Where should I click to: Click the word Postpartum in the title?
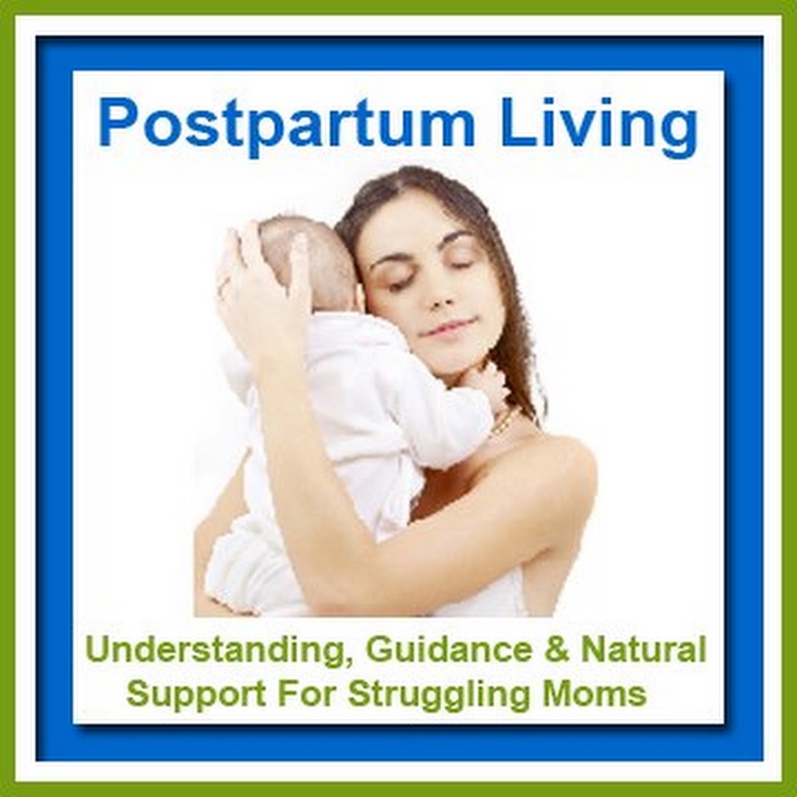[x=287, y=126]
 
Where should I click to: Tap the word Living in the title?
[x=600, y=126]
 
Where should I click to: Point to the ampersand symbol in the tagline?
[x=557, y=651]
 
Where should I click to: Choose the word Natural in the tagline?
[x=644, y=651]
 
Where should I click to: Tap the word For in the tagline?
[x=307, y=693]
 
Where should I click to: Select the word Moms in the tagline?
[x=595, y=693]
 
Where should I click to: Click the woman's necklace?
[x=506, y=421]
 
